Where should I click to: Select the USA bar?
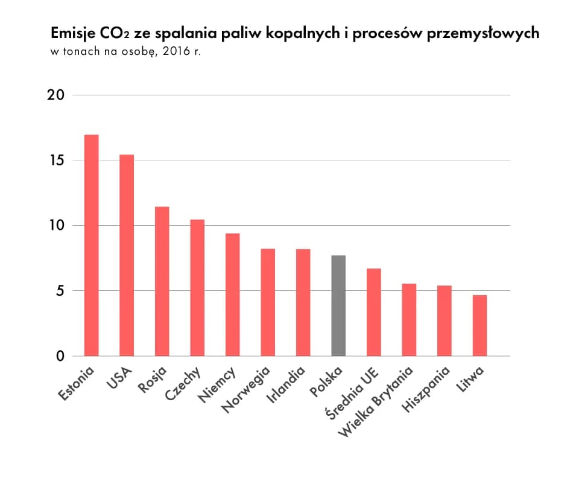click(127, 255)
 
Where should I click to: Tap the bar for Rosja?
click(162, 281)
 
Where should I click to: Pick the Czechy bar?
click(197, 288)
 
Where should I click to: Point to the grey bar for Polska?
click(338, 306)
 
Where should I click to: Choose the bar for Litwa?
click(479, 325)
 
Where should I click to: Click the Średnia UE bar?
click(374, 312)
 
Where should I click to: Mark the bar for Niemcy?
click(232, 295)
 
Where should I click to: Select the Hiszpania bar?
click(445, 320)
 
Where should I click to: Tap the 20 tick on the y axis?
click(55, 95)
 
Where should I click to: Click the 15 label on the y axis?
click(55, 161)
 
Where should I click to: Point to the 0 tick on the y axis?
click(60, 356)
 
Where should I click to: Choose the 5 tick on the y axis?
click(60, 291)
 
